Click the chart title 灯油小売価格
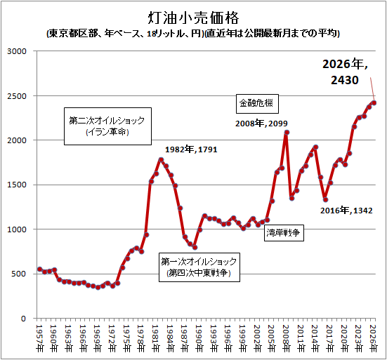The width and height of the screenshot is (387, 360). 194,18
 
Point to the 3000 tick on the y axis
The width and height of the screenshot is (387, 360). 17,51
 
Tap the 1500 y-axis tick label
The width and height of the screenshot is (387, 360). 17,185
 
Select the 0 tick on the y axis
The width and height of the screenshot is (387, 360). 23,319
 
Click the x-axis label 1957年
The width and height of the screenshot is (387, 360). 39,338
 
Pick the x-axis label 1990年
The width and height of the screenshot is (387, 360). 199,338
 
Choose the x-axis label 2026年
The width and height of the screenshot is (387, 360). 373,338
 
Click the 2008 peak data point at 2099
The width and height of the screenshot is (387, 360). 287,133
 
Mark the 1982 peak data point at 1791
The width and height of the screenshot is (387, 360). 161,160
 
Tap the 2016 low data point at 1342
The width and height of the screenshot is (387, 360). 325,199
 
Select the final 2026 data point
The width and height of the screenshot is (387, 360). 374,103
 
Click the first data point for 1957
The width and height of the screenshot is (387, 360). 40,269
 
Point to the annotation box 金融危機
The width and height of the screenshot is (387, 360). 257,104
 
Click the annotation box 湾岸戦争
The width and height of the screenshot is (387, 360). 284,232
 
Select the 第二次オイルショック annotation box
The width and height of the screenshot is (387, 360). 107,126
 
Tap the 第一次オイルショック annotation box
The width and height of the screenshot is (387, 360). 199,267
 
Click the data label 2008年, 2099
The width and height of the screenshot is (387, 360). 261,124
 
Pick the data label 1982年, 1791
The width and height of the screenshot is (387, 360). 191,149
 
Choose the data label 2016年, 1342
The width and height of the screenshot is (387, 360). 346,211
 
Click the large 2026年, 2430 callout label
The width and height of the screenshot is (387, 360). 345,72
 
